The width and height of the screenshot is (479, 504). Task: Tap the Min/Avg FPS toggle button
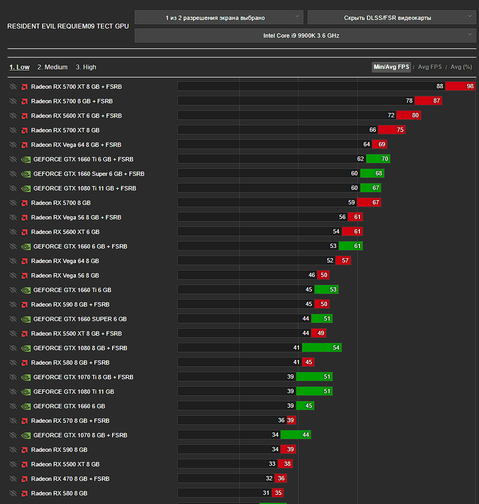coord(391,67)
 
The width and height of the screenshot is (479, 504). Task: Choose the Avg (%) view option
coord(461,67)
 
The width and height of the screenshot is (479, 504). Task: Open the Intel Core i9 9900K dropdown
coord(305,36)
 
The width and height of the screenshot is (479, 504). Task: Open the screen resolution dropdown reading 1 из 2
coord(219,18)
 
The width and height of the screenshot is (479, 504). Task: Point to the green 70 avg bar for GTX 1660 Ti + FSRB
coord(378,159)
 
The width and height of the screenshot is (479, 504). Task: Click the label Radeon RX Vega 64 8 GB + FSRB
coord(76,145)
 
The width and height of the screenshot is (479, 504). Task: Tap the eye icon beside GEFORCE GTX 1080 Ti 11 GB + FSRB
coord(13,188)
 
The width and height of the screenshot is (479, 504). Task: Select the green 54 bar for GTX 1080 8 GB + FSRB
coord(322,348)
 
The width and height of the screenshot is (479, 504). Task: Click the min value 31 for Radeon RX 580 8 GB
coord(266,493)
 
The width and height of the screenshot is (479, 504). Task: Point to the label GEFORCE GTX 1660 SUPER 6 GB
coord(80,319)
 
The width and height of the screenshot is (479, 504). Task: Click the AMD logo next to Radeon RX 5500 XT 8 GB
coord(24,464)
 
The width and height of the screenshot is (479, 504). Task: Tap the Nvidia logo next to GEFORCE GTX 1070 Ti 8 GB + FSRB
coord(25,377)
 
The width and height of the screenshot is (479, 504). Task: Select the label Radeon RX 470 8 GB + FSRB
coord(70,479)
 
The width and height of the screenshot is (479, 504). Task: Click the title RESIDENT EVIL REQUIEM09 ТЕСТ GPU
coord(68,26)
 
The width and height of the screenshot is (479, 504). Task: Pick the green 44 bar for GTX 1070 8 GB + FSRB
coord(296,435)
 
